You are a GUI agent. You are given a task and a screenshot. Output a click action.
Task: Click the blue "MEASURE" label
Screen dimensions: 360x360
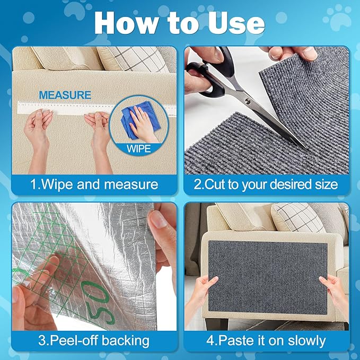pyautogui.click(x=65, y=95)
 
